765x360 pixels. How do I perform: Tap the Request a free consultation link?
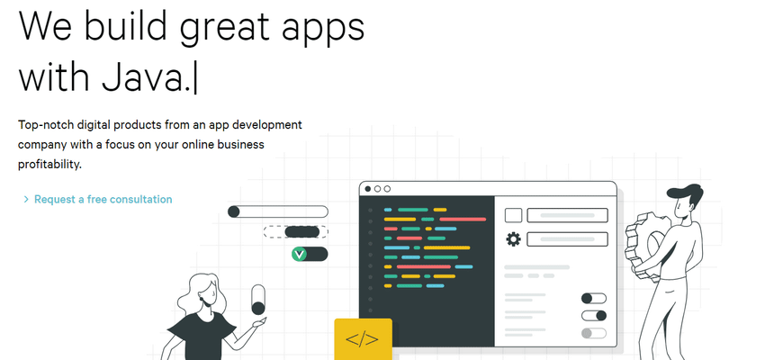tap(103, 199)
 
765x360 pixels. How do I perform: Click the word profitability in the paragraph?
tap(49, 165)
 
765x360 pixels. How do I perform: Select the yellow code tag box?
tap(363, 339)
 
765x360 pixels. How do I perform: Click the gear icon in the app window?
tap(513, 239)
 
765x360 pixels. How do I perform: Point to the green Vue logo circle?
tap(299, 254)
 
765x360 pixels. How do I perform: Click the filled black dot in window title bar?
tap(368, 189)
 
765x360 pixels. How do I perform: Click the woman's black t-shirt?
tap(201, 337)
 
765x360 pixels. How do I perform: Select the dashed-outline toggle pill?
tap(296, 231)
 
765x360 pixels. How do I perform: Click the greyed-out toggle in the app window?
tap(594, 333)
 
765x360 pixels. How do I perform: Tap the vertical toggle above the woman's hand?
tap(258, 300)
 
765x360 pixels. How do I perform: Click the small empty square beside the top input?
tap(513, 215)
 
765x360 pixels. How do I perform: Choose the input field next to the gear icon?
tap(567, 239)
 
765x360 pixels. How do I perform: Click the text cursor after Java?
tap(195, 78)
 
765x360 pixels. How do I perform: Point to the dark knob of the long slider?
tap(234, 211)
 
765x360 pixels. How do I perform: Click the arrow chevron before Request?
tap(26, 200)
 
